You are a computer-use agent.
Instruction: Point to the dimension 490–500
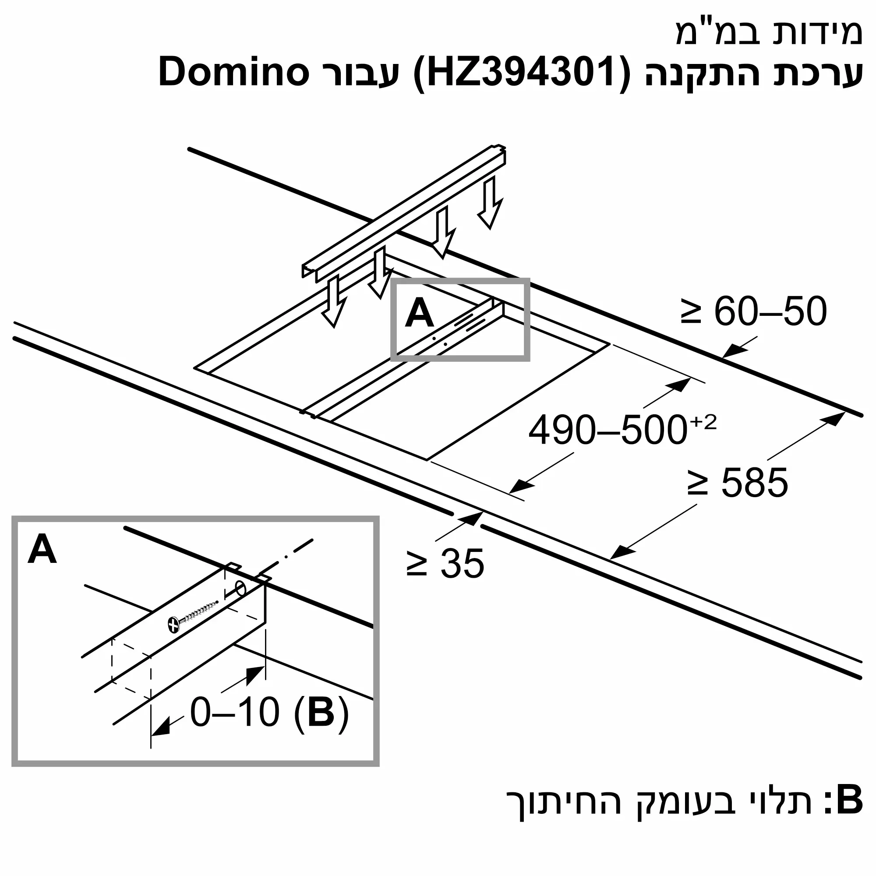pos(608,430)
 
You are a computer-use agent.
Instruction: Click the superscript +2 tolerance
pos(703,423)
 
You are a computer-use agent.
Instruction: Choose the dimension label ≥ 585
pos(738,482)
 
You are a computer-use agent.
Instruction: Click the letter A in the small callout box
pos(419,313)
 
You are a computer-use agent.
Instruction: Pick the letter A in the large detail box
pos(42,550)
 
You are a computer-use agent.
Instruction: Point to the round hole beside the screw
pos(241,590)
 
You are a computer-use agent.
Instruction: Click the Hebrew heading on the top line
pos(769,33)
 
